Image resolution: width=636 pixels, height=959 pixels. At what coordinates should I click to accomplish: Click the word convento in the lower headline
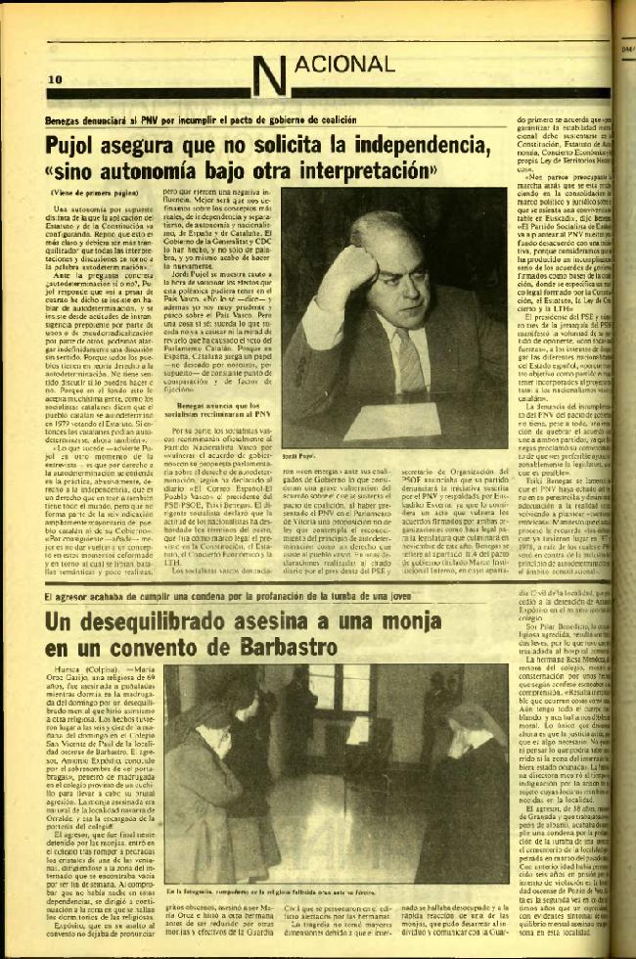154,654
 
